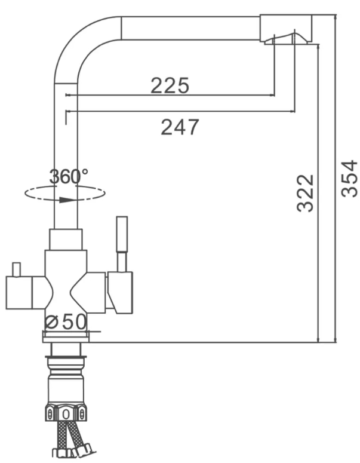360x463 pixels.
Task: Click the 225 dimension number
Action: [170, 85]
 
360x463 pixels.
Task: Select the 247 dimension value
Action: [180, 127]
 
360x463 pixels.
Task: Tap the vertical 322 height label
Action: [305, 193]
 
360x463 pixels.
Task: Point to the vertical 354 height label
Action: [349, 179]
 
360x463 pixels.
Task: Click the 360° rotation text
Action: [69, 176]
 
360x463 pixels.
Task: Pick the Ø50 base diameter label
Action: [66, 321]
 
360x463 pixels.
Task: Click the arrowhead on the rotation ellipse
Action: [66, 200]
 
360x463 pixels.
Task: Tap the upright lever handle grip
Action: [122, 234]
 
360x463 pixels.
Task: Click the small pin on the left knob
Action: [16, 269]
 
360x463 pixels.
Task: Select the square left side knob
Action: [19, 293]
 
